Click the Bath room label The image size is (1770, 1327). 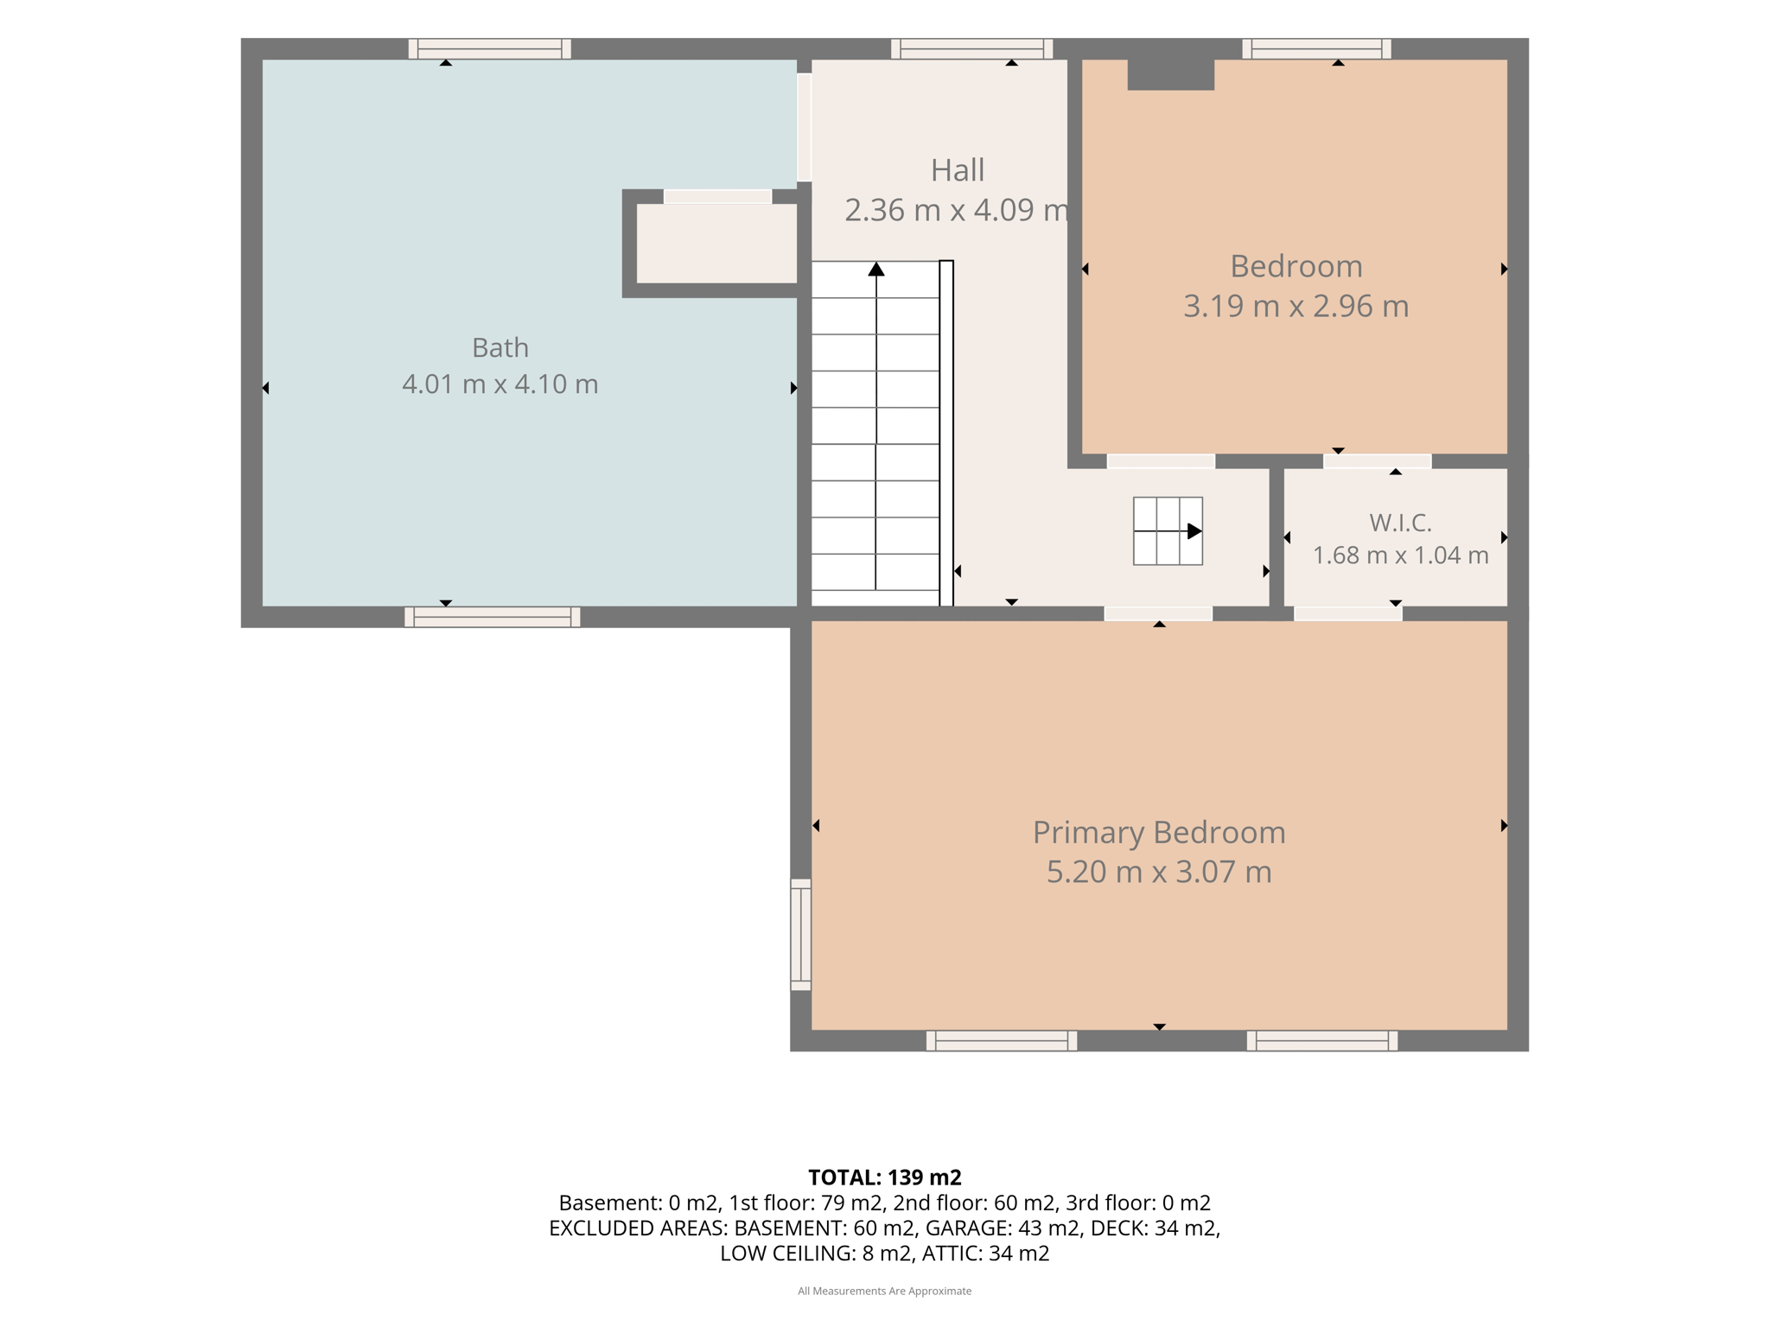tap(500, 347)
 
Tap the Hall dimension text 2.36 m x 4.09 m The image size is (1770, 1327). tap(957, 210)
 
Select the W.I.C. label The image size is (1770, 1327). tap(1400, 523)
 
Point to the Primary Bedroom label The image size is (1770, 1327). tap(1159, 833)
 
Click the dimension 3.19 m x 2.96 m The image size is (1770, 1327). tap(1296, 306)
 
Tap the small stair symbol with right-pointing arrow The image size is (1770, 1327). tap(1168, 531)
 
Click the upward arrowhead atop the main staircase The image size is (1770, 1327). tap(876, 269)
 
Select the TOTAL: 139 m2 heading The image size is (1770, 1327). tap(885, 1178)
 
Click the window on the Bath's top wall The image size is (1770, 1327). tap(489, 49)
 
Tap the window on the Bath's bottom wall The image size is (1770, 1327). tap(493, 617)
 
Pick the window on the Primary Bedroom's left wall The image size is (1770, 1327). tap(801, 935)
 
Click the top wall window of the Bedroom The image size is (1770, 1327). tap(1317, 49)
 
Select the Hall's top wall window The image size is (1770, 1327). tap(972, 49)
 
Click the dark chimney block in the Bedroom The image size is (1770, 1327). tap(1171, 74)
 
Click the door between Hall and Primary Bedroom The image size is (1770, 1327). tap(1158, 613)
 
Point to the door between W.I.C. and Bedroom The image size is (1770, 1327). tap(1378, 461)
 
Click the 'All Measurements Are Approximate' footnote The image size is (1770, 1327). tap(885, 1291)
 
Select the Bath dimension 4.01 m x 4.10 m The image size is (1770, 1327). tap(500, 384)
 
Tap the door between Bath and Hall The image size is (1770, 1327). tap(804, 127)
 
